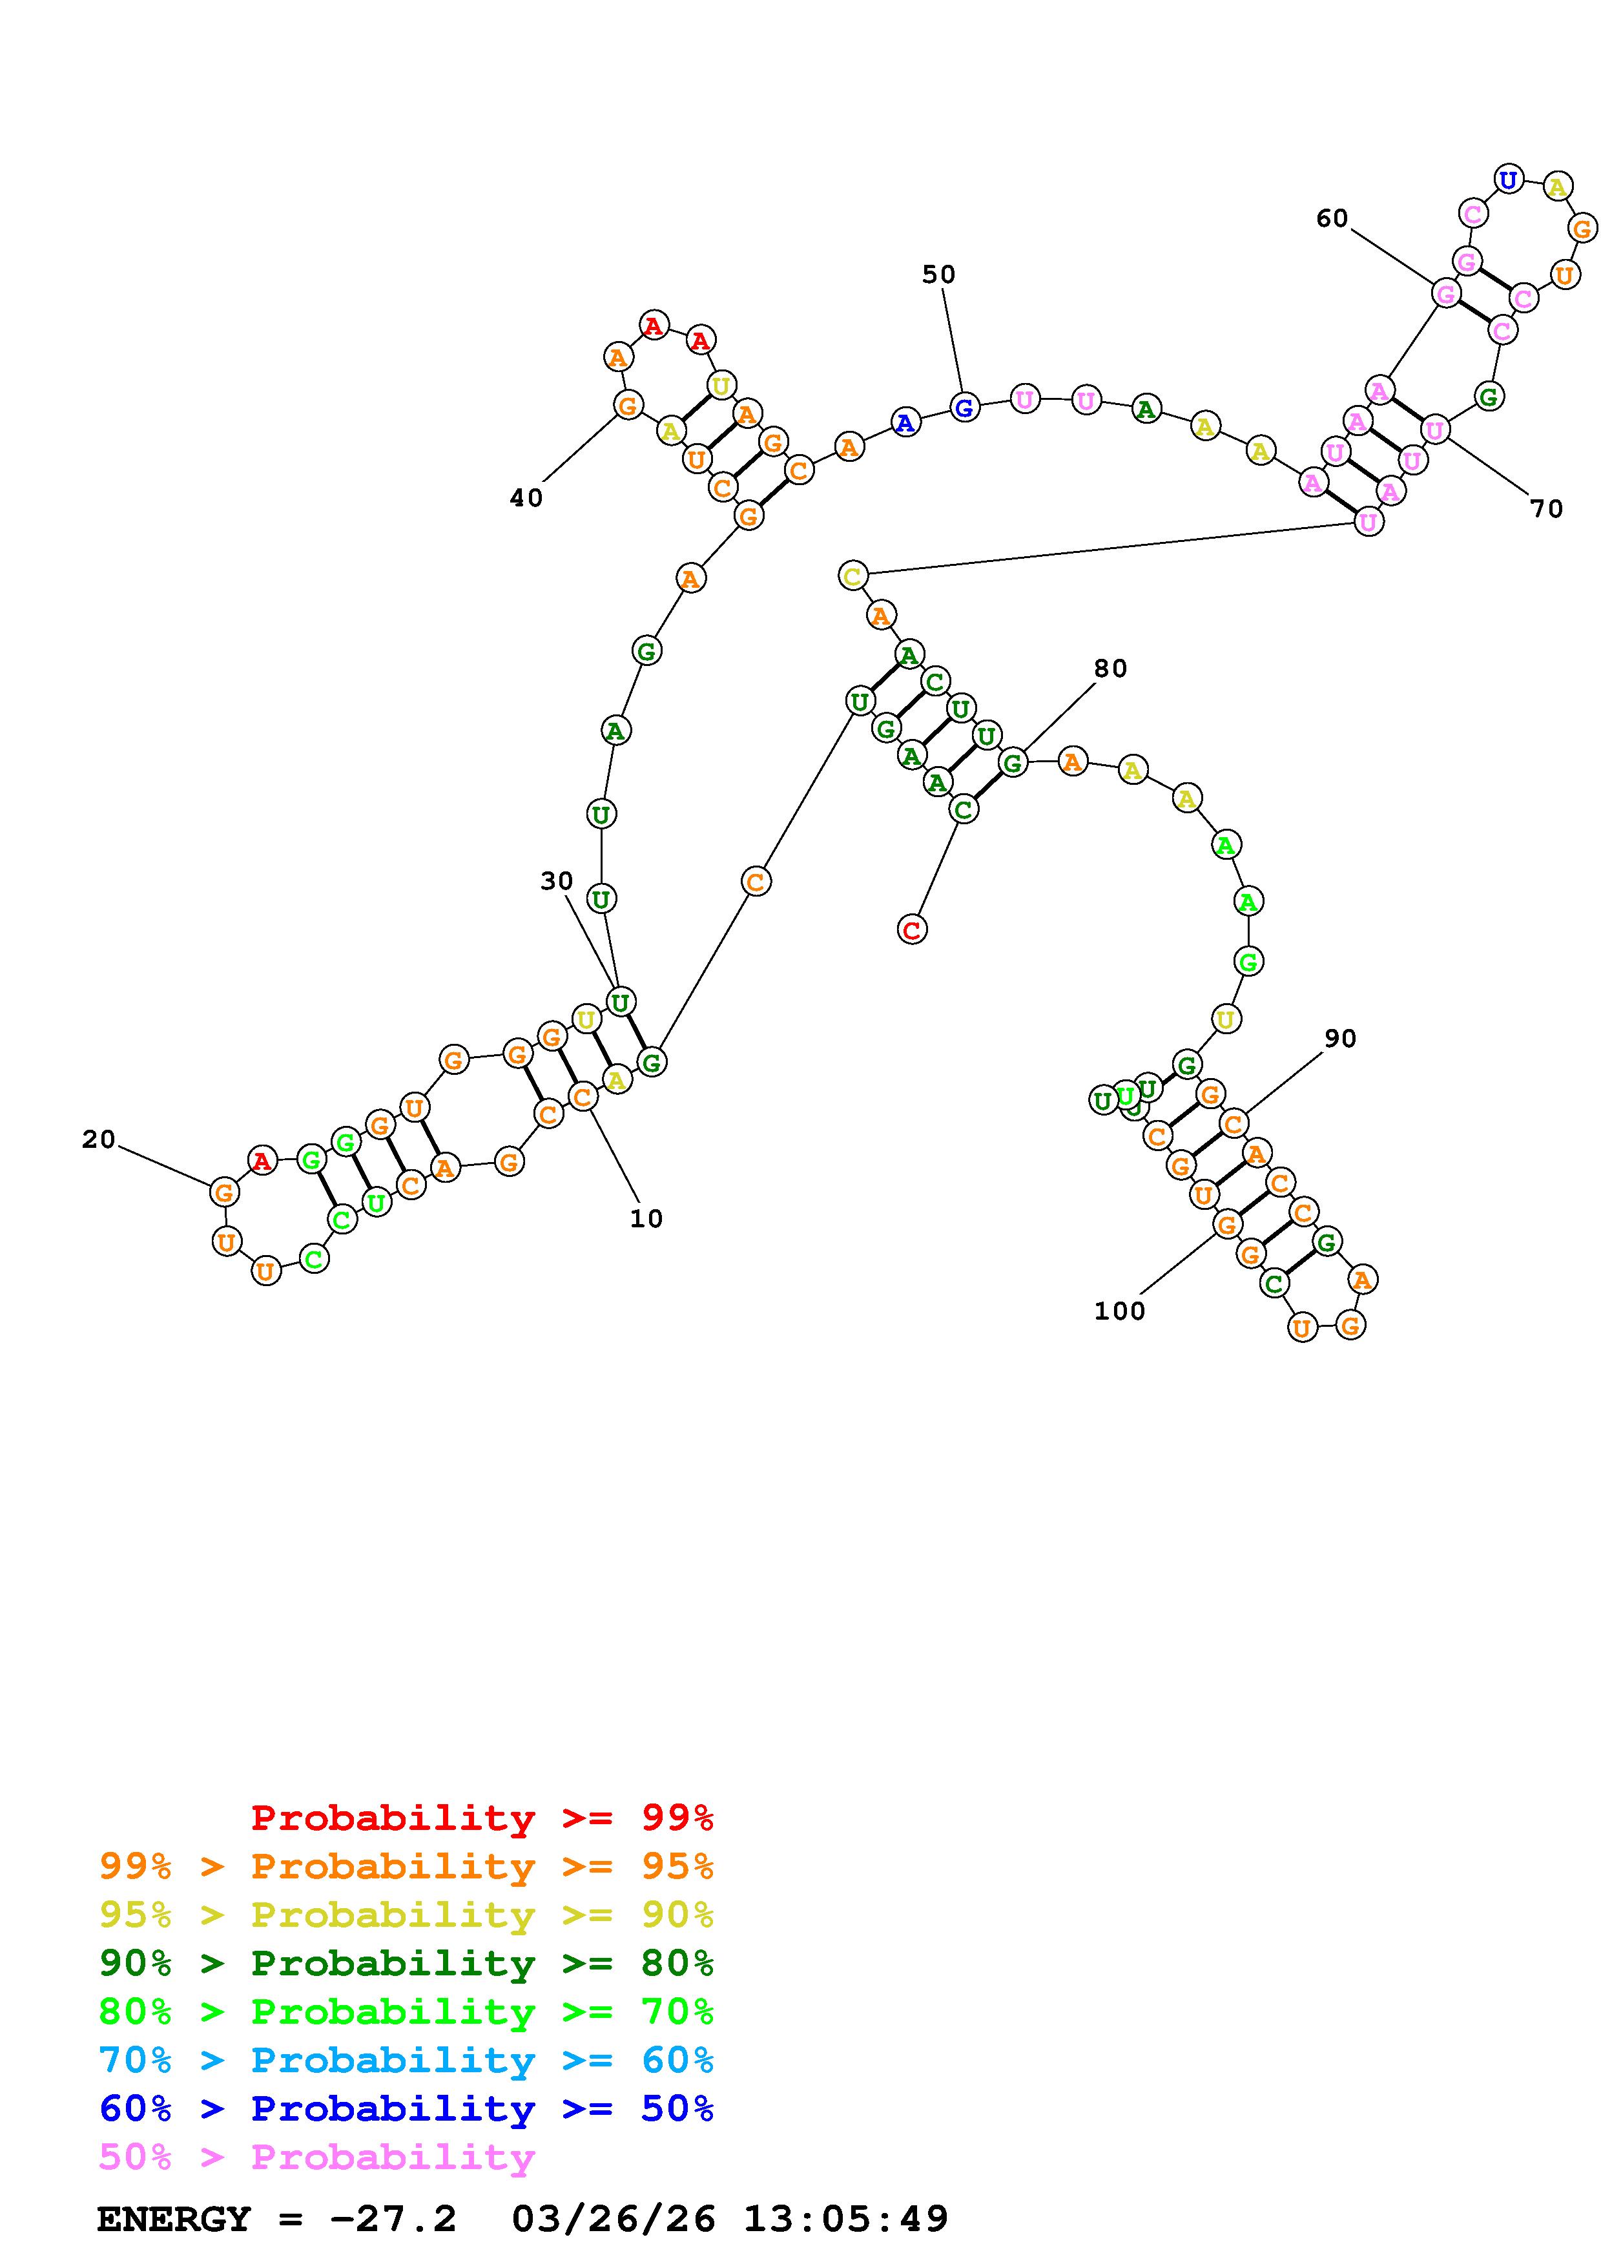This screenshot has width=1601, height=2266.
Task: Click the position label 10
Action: (x=646, y=1219)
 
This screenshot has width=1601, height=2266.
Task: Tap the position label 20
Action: (x=99, y=1140)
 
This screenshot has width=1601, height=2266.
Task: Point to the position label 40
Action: (x=526, y=499)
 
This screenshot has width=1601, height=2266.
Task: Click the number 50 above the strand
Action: (x=938, y=275)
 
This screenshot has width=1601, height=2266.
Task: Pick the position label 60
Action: (x=1332, y=218)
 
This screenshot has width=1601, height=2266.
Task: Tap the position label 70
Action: (x=1545, y=509)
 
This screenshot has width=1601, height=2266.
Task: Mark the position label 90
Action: (x=1339, y=1038)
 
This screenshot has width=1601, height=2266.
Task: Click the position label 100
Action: (x=1120, y=1311)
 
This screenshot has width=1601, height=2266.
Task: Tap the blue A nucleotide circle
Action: (x=905, y=422)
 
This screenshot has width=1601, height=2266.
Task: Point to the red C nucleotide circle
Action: (x=913, y=929)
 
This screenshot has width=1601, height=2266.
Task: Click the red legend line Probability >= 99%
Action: (x=482, y=1818)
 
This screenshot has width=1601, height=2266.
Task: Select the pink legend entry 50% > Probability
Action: (x=316, y=2156)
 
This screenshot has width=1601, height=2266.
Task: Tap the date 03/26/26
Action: (x=614, y=2219)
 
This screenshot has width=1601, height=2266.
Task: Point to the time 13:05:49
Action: (x=845, y=2219)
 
